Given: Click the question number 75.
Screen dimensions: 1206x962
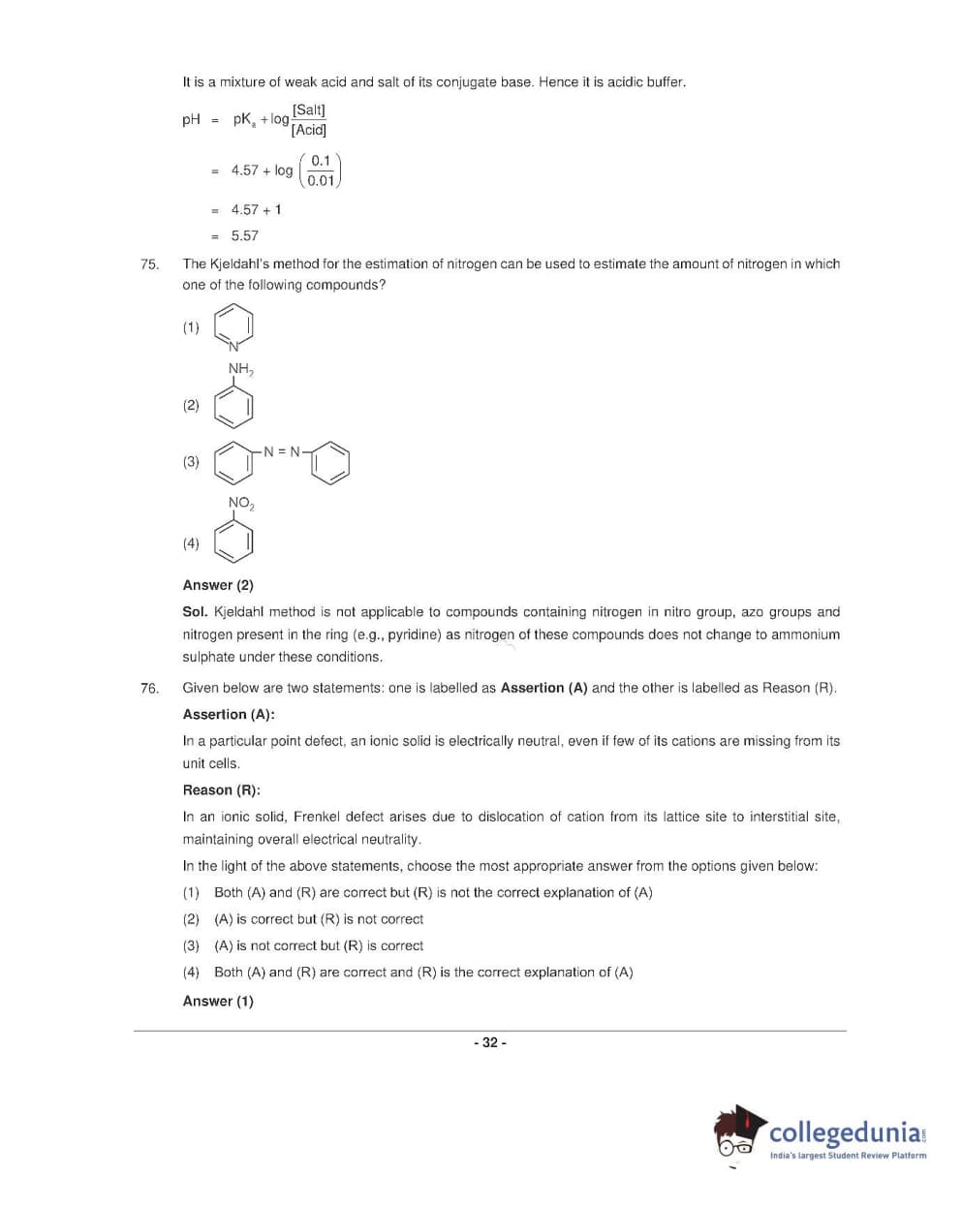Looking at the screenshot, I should [x=149, y=263].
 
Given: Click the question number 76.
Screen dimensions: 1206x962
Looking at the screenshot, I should [x=149, y=688].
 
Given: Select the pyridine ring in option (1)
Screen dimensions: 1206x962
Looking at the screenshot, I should [x=233, y=325].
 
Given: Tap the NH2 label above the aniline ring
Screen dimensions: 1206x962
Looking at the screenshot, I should [x=240, y=369].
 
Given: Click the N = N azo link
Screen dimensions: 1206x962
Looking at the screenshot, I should [x=282, y=451].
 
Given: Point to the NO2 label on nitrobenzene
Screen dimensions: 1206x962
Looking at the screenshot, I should [x=240, y=503].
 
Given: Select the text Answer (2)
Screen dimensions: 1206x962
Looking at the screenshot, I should [x=218, y=585].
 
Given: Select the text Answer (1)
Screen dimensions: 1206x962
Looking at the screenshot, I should [x=218, y=1001].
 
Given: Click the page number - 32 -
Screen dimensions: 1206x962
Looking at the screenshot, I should [x=489, y=1042].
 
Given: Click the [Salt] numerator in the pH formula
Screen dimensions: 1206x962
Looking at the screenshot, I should [x=309, y=109].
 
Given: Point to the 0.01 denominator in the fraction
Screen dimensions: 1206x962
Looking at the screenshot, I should [x=321, y=180].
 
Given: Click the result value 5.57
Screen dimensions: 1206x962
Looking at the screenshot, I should [x=244, y=235].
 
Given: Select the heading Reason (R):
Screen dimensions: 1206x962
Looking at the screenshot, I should [x=221, y=789].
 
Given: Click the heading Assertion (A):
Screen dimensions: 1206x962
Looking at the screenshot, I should [x=229, y=714].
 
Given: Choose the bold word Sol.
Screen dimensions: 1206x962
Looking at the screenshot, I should [x=195, y=612].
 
